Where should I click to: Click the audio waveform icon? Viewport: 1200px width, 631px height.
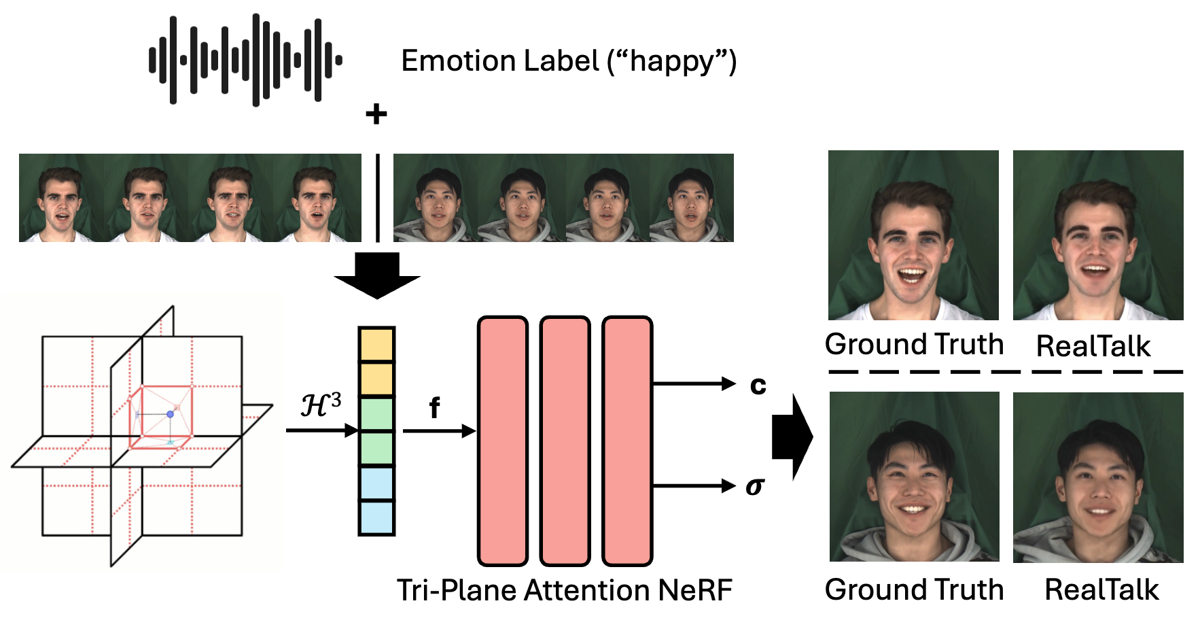click(x=245, y=60)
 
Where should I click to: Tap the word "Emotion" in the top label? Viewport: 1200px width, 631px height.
click(x=451, y=61)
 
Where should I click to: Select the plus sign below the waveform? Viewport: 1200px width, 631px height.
click(x=376, y=114)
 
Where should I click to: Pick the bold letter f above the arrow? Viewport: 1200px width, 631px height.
click(x=434, y=408)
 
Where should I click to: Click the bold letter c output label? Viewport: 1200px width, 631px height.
click(x=758, y=385)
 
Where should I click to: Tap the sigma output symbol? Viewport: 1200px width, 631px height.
click(x=755, y=486)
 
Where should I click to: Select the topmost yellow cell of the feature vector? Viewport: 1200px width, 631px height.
click(x=376, y=345)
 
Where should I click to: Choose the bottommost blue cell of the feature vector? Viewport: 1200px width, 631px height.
click(x=376, y=518)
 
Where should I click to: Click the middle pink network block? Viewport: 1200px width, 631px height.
click(x=565, y=441)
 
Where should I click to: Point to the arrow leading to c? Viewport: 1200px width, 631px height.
click(x=693, y=384)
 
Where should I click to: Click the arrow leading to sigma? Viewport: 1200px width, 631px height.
click(x=693, y=486)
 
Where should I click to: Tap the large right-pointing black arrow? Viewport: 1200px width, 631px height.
click(x=792, y=437)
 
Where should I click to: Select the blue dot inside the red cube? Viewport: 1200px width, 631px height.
click(x=171, y=413)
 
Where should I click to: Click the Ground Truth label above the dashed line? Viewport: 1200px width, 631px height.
click(x=914, y=345)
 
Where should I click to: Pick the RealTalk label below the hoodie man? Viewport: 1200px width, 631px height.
click(x=1101, y=590)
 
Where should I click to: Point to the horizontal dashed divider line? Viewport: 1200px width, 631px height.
click(x=1006, y=372)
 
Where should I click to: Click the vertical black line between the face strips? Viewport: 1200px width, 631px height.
click(x=377, y=197)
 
